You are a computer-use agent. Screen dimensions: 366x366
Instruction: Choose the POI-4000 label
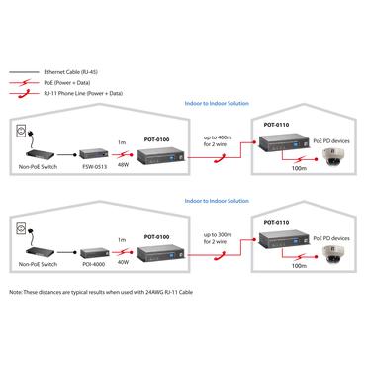[x=95, y=265]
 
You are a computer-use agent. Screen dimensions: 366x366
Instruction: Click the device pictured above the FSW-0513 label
[x=96, y=153]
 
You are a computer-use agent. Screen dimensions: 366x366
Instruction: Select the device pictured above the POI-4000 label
[x=95, y=250]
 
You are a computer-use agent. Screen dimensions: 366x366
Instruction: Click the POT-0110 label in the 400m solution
[x=277, y=125]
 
